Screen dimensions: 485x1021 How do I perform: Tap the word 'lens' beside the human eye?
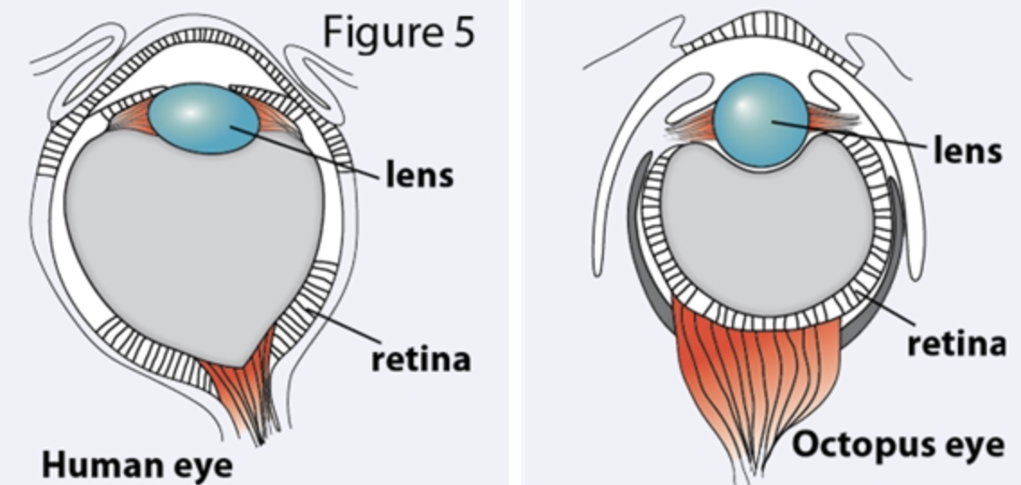pos(419,173)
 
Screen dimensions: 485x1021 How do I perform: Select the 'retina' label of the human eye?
pos(422,359)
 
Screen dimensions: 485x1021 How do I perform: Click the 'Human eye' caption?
pos(138,465)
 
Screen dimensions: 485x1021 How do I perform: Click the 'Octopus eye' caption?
pos(898,445)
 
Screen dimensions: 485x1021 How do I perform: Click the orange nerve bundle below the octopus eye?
pos(755,377)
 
